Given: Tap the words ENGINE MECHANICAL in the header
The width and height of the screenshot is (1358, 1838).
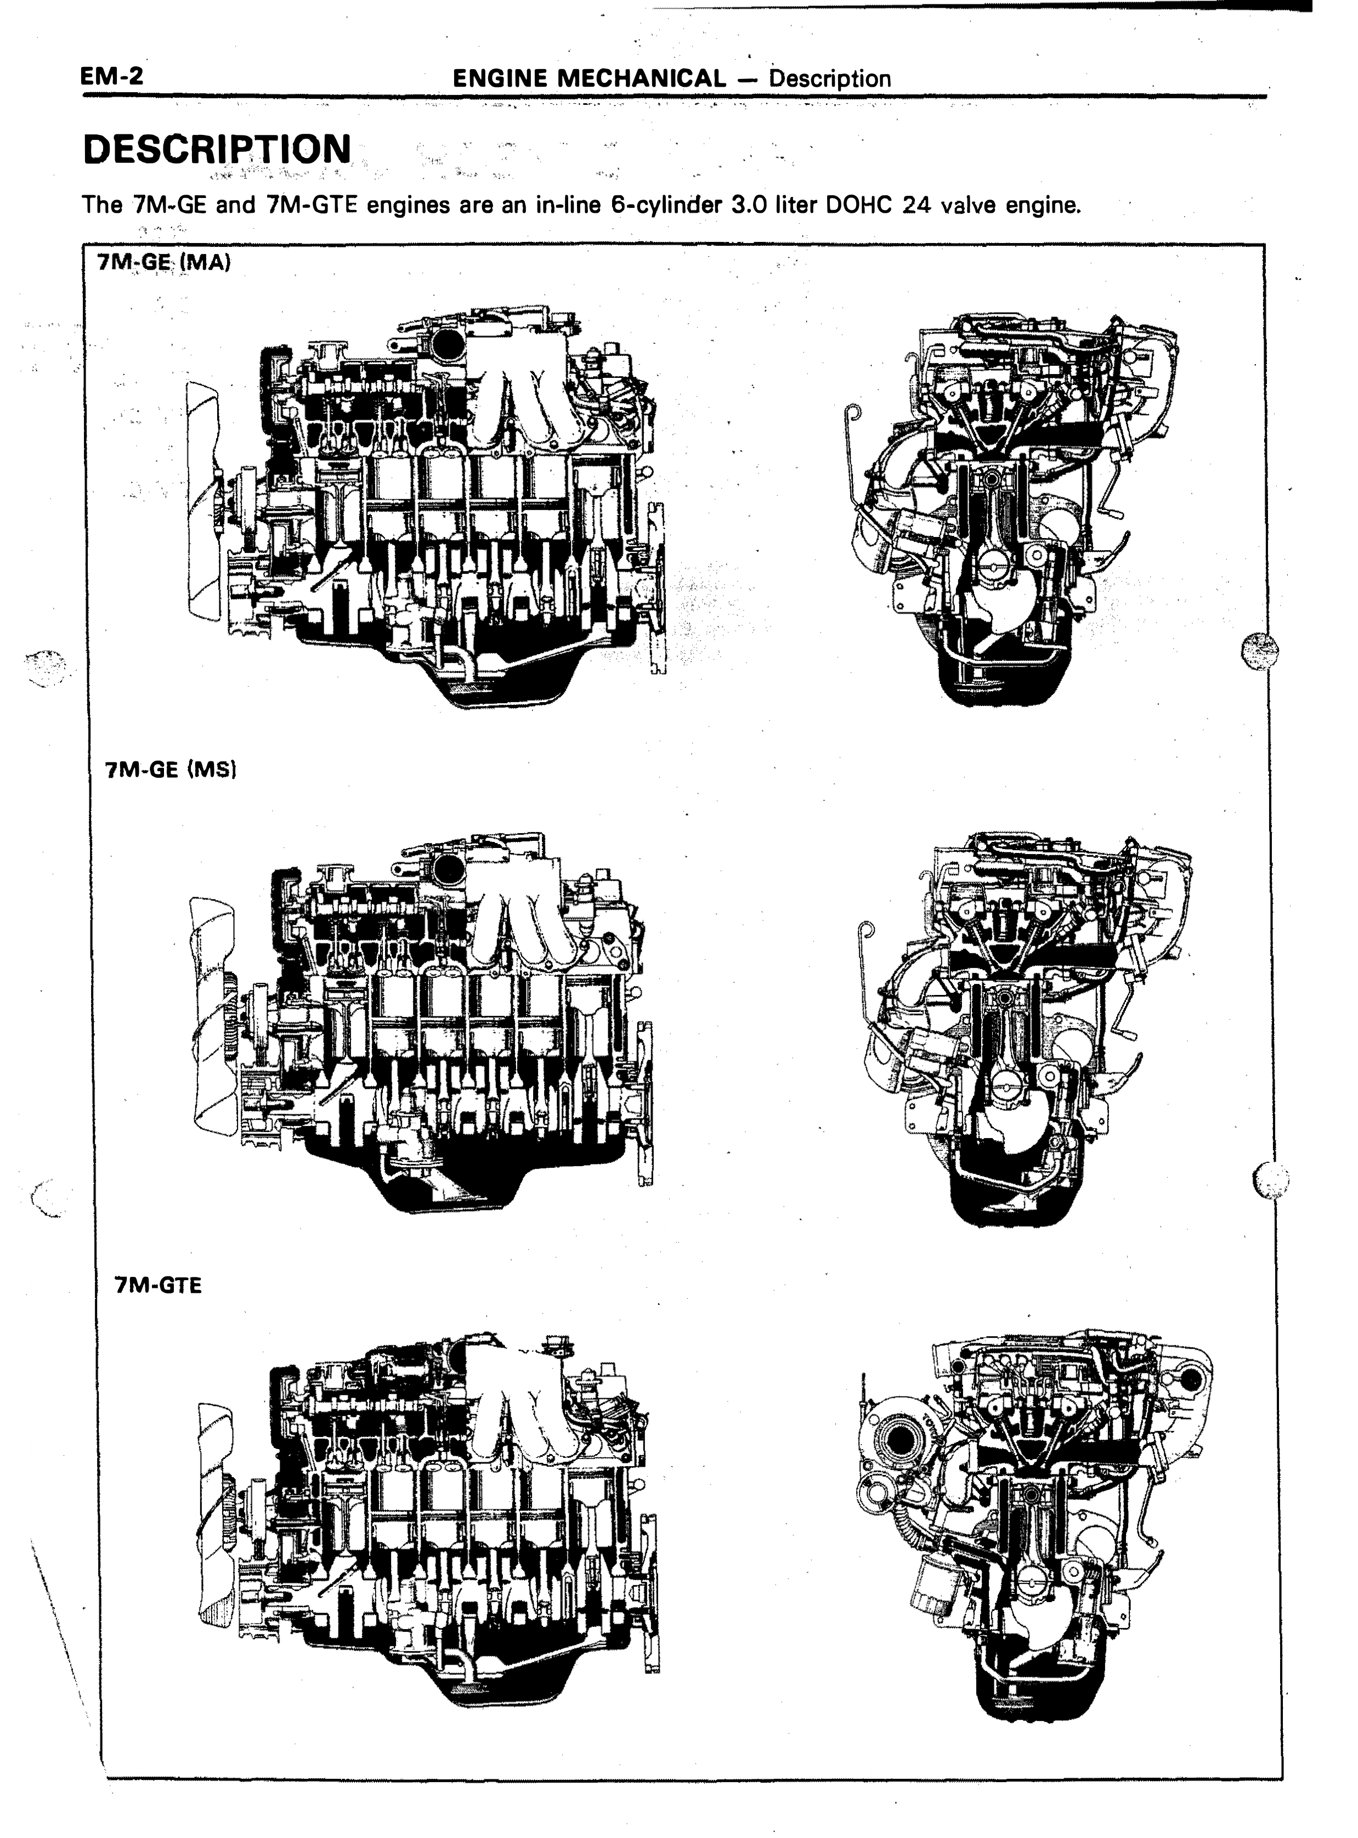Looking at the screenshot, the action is point(590,79).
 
